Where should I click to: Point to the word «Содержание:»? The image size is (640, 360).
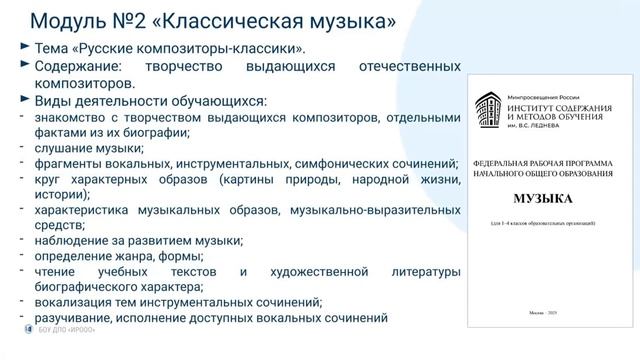(x=84, y=66)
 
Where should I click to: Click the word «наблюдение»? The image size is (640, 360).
(x=71, y=245)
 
